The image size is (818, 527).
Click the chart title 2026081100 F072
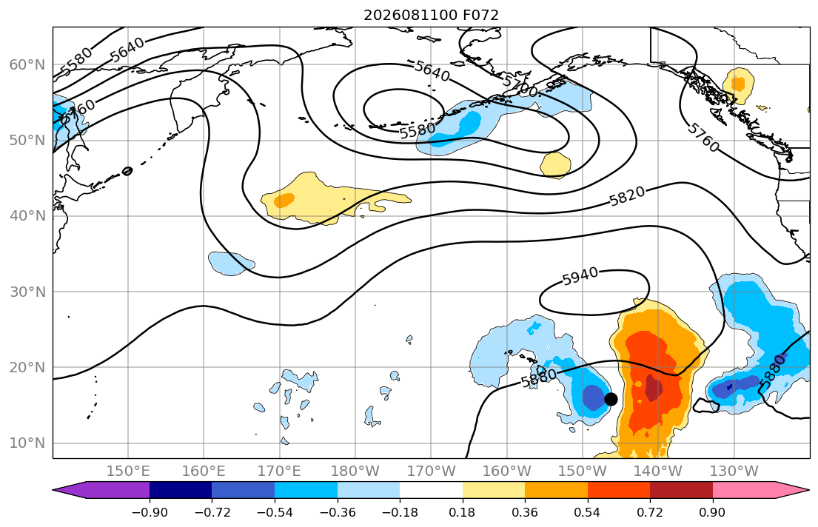click(x=431, y=15)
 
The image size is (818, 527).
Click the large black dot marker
click(x=611, y=399)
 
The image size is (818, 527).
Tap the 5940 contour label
click(x=580, y=276)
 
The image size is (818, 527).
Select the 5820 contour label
click(x=627, y=196)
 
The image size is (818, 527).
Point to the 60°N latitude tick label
click(x=27, y=64)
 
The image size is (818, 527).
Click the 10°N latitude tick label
click(x=27, y=443)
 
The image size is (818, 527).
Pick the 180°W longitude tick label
click(x=355, y=471)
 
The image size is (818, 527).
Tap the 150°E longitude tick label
click(x=128, y=471)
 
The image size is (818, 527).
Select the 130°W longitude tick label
click(x=734, y=471)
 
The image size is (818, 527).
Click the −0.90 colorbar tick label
click(x=150, y=512)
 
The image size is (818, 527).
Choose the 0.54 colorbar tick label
click(x=588, y=512)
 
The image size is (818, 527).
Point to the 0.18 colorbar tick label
click(x=462, y=512)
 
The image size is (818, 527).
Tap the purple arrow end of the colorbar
click(x=101, y=490)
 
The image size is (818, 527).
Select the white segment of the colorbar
click(x=431, y=490)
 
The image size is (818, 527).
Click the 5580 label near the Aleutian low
click(x=418, y=130)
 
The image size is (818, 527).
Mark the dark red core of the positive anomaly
click(x=653, y=388)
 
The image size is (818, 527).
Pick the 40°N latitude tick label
click(x=27, y=216)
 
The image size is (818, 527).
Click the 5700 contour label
click(x=520, y=86)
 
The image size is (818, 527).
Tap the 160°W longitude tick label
click(x=507, y=471)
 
